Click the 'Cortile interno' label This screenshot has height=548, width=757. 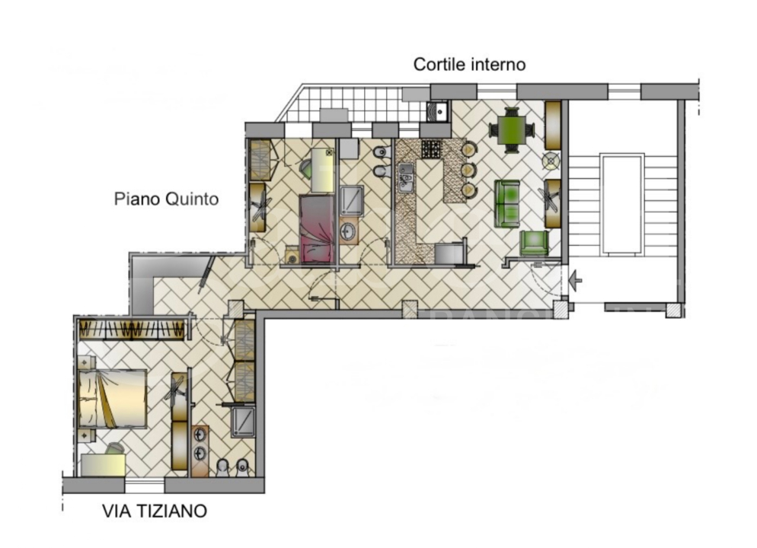click(469, 65)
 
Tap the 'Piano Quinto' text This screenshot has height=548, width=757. click(166, 199)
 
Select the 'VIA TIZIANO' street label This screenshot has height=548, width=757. click(155, 511)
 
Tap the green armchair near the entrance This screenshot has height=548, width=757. click(534, 243)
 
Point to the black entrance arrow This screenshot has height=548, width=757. click(576, 281)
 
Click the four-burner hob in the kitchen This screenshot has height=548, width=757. click(432, 148)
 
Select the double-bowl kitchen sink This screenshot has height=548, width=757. click(404, 177)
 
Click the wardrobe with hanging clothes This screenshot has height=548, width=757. click(134, 330)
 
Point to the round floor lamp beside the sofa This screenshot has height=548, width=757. click(551, 161)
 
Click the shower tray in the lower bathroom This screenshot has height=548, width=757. click(242, 421)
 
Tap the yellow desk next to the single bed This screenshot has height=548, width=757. click(322, 171)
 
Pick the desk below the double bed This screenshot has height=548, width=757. click(104, 464)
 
